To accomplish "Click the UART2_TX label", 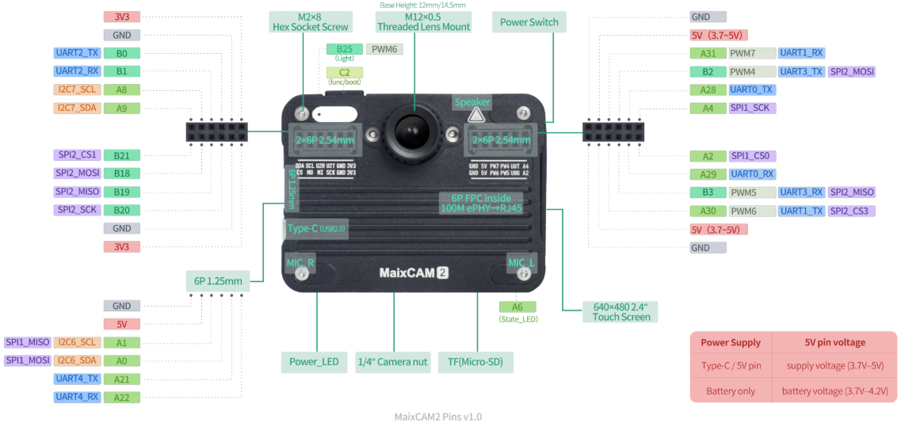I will (x=78, y=53).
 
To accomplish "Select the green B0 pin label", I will (x=121, y=54).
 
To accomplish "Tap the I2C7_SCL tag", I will (x=78, y=90).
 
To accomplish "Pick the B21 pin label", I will (x=121, y=155).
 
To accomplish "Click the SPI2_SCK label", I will (x=78, y=210).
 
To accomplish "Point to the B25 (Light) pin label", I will (x=344, y=49).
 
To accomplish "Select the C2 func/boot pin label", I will (x=344, y=73).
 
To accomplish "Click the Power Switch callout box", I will (x=529, y=22).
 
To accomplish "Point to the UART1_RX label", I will (x=802, y=53).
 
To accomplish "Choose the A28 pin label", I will (x=708, y=90).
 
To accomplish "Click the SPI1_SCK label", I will (x=752, y=108).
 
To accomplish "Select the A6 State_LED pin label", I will (x=517, y=307).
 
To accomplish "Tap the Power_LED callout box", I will (x=314, y=362).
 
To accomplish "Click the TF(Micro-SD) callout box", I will (x=475, y=362).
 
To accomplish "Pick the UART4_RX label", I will (x=78, y=397).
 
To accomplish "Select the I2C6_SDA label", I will (x=78, y=360).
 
